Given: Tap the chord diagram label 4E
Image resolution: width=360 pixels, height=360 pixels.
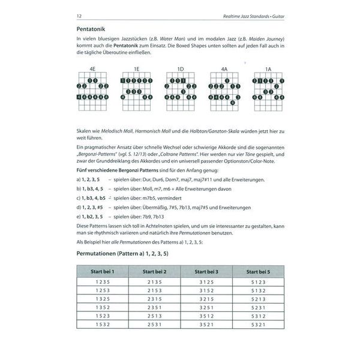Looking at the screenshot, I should click(92, 69).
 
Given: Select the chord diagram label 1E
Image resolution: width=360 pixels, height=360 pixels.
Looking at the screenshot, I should click(137, 69).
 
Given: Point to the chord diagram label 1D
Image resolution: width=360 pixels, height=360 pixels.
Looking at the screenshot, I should click(181, 69).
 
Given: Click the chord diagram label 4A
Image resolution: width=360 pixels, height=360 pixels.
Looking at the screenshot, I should click(224, 69).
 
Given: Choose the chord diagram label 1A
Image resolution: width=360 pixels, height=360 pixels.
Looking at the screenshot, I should click(268, 69).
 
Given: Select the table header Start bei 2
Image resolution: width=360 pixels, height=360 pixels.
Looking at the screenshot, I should click(154, 272).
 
